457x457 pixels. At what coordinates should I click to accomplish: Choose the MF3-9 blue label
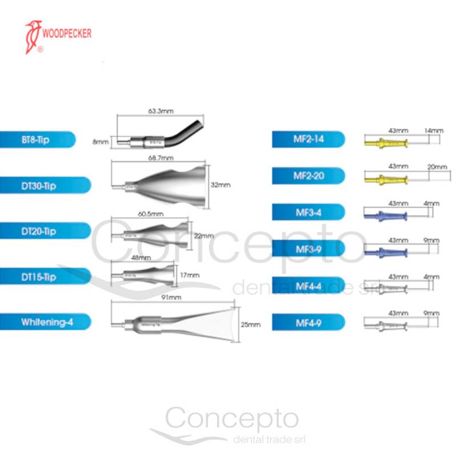point(308,248)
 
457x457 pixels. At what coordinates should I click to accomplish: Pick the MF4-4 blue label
point(308,285)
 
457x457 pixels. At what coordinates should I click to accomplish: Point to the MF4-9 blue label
point(308,322)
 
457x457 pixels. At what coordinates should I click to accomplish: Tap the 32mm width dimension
point(220,185)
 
